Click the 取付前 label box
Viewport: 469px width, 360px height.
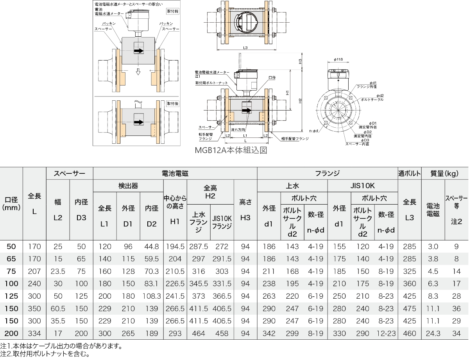172,11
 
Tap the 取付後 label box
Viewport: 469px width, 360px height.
172,103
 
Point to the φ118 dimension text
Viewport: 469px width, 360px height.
338,59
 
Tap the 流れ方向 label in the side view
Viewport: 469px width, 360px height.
238,129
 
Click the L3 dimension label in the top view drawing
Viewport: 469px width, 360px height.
245,48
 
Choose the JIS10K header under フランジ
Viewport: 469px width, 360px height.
362,185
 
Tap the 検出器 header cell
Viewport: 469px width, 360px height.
128,185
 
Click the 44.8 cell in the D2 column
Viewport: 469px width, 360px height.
151,247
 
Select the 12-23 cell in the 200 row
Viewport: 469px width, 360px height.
386,334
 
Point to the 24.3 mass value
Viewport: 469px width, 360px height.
433,334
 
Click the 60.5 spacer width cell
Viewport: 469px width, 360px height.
58,308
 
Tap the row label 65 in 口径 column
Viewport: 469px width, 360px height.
12,259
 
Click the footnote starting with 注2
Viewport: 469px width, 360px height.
45,354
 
